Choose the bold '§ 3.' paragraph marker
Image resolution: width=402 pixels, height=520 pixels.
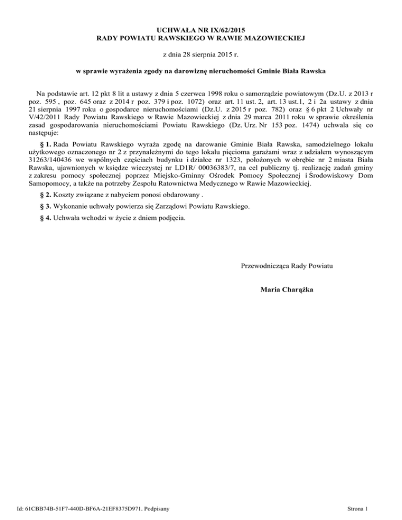46,207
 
